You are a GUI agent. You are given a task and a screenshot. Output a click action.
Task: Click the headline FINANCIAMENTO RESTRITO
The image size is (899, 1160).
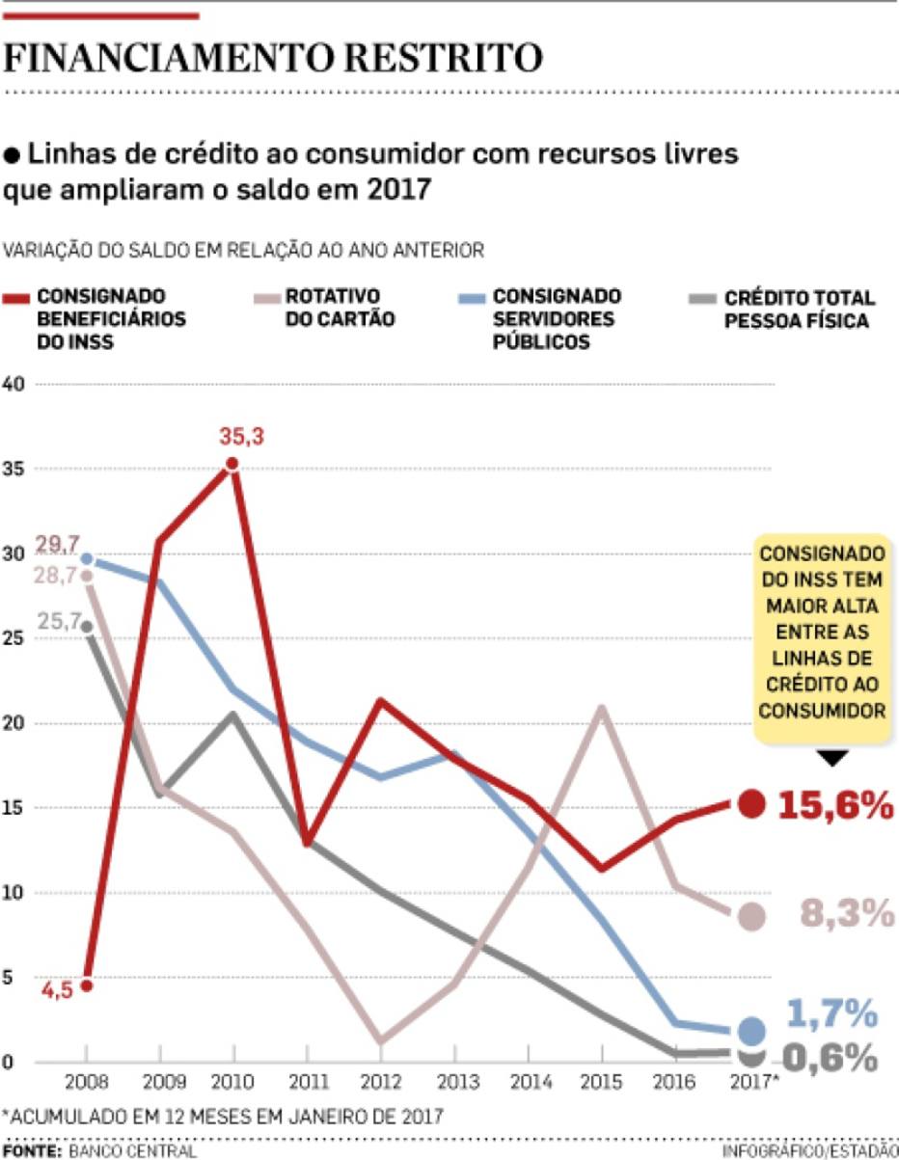tap(273, 59)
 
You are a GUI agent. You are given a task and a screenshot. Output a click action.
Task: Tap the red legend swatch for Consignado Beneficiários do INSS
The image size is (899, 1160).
tap(16, 297)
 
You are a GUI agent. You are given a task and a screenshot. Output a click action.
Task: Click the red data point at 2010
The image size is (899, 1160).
tap(232, 465)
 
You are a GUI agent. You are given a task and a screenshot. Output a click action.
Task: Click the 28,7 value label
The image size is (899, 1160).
tap(58, 576)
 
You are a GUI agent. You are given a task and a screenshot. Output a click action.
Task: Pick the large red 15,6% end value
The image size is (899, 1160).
tap(835, 806)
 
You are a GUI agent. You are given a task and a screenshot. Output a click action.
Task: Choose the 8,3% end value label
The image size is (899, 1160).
tap(847, 914)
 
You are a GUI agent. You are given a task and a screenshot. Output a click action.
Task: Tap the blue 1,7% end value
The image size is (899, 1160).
tap(831, 1013)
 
